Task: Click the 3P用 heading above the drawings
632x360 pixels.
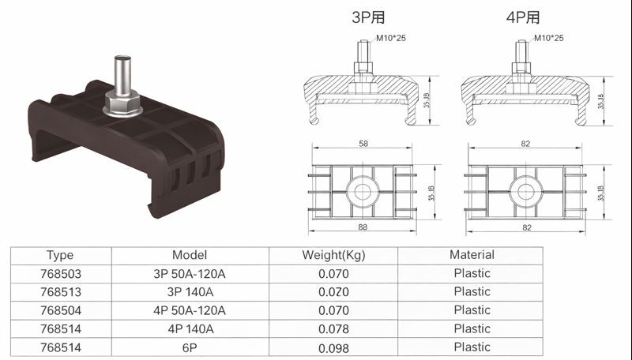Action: tap(368, 17)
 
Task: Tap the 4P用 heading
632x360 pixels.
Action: tap(523, 17)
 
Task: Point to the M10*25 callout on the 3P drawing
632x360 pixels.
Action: tap(390, 38)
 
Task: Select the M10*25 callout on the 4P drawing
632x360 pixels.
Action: tap(548, 38)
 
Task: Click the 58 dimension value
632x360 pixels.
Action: tap(363, 144)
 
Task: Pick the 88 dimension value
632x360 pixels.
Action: tap(363, 227)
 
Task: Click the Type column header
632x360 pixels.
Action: tap(60, 255)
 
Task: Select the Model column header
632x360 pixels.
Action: tap(190, 255)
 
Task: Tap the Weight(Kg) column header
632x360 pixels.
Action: tap(333, 255)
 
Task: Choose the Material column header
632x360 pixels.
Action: tap(472, 255)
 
